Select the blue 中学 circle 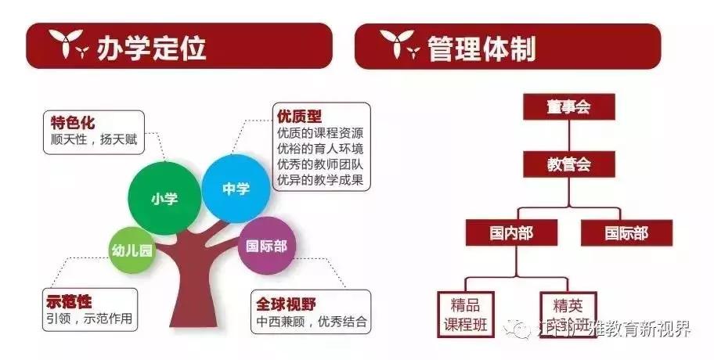click(236, 188)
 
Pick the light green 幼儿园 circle click(131, 250)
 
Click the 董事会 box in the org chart click(569, 107)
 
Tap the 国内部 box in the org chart click(512, 232)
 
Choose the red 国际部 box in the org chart click(626, 232)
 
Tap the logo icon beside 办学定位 click(69, 48)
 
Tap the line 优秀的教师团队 click(319, 164)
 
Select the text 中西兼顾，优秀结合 click(311, 322)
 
